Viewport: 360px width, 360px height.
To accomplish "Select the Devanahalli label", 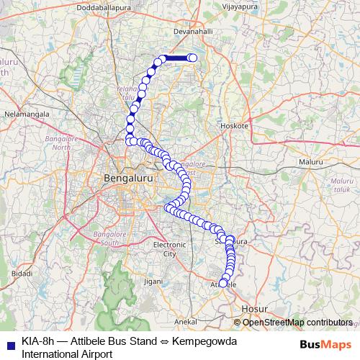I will [x=197, y=32].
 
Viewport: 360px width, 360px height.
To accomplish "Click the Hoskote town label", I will [x=234, y=125].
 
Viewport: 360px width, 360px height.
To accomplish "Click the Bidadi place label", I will [x=22, y=274].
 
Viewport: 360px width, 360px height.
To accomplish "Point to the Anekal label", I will [x=186, y=322].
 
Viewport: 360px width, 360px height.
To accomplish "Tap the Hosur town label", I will [x=254, y=308].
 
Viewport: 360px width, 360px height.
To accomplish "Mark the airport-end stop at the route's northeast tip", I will [x=192, y=58].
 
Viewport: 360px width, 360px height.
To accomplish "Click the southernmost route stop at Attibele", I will [x=222, y=283].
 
